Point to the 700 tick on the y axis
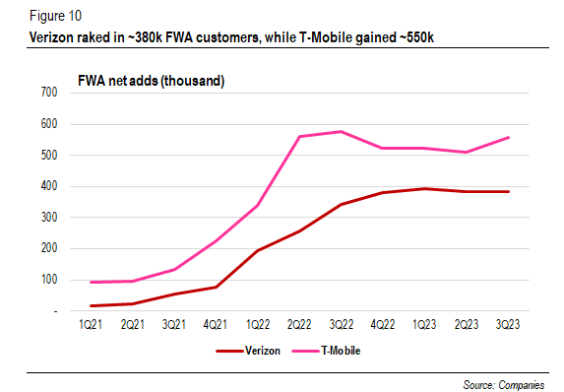[47, 93]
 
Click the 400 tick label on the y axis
[47, 186]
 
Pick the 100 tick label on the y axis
[47, 280]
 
